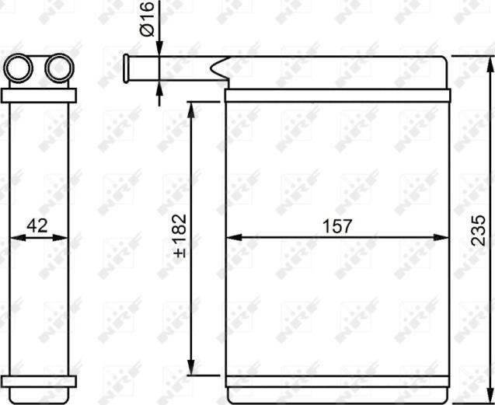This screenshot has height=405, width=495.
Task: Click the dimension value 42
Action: point(37,226)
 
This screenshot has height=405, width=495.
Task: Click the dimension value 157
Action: point(337,226)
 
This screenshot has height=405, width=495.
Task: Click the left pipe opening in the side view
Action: point(18,68)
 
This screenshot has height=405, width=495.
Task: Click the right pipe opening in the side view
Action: point(58,68)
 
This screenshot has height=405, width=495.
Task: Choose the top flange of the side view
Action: point(39,96)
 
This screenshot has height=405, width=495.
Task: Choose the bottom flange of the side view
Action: point(39,382)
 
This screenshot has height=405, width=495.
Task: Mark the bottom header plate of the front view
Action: point(337,381)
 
